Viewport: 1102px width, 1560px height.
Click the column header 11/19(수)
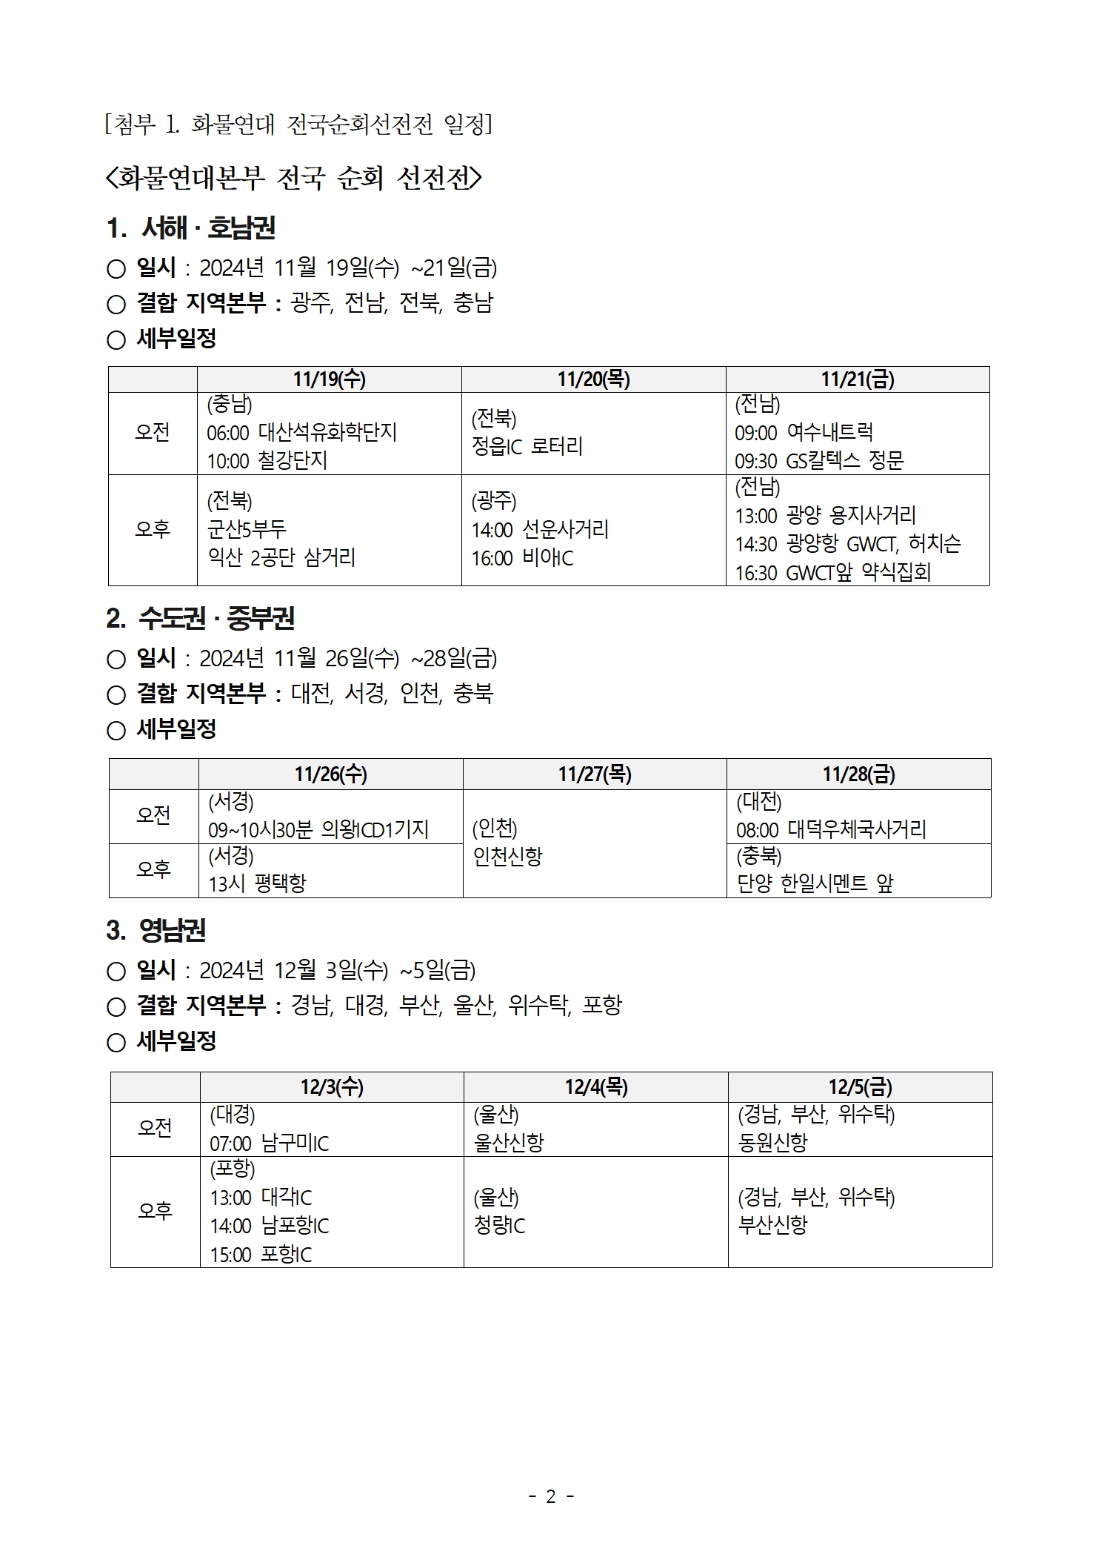click(329, 379)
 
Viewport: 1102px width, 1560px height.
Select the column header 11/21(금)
click(857, 379)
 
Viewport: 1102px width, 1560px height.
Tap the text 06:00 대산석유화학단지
click(301, 432)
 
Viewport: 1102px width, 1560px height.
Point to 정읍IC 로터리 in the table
click(527, 446)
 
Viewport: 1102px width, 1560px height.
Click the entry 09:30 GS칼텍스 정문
click(819, 461)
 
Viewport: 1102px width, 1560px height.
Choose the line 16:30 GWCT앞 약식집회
click(832, 572)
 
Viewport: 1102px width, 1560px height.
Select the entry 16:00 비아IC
click(522, 558)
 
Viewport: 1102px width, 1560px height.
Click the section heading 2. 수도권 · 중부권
click(200, 618)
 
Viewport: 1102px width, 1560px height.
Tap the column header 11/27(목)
click(594, 774)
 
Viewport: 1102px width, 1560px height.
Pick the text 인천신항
click(508, 857)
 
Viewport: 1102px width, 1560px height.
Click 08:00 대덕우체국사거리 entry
click(831, 829)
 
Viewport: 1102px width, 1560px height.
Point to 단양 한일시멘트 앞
click(815, 883)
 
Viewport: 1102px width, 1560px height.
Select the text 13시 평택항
click(257, 883)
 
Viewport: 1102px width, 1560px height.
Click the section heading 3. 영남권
click(156, 930)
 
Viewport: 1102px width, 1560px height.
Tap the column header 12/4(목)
click(595, 1087)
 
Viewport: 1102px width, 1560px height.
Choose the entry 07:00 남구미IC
click(269, 1144)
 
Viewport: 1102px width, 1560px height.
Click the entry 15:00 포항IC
click(261, 1255)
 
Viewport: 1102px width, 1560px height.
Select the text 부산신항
click(772, 1224)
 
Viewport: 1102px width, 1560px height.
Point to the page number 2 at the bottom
click(550, 1496)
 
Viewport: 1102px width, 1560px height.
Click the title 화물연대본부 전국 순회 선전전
click(294, 178)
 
